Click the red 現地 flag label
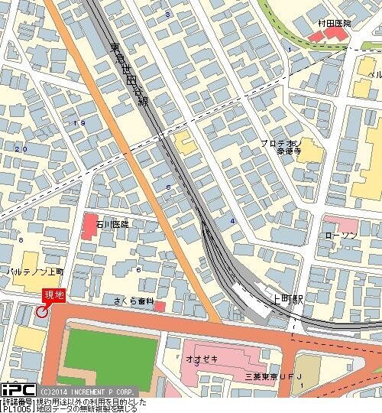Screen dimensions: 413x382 (54, 295)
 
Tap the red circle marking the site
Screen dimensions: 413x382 (42, 311)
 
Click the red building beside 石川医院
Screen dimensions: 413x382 (91, 226)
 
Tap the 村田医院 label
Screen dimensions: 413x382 (336, 24)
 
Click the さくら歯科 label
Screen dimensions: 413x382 (135, 301)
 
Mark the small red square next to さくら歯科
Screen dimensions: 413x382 (160, 307)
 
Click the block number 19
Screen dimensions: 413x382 (79, 122)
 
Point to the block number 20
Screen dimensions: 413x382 (21, 148)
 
